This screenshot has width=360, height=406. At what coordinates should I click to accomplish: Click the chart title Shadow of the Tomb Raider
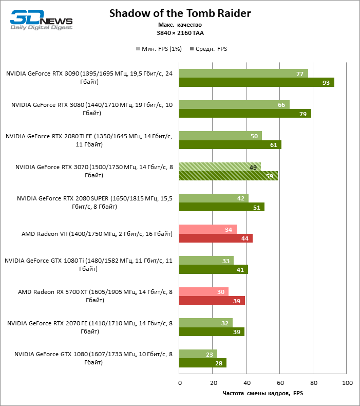(180, 13)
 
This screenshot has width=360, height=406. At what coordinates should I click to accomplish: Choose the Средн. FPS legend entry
(209, 49)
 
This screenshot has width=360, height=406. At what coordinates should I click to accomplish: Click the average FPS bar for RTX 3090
(257, 82)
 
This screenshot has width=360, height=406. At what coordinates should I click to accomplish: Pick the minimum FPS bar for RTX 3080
(234, 105)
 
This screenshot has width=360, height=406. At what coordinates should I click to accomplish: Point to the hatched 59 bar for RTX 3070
(229, 176)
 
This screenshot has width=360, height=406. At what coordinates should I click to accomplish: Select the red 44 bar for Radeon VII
(216, 238)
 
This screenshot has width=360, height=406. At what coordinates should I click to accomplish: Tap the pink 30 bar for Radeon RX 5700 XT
(204, 292)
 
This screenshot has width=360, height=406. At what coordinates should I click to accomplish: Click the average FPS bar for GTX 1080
(203, 363)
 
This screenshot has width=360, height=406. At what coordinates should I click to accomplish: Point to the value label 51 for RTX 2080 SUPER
(256, 208)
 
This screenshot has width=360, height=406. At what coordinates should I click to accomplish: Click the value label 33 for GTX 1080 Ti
(226, 261)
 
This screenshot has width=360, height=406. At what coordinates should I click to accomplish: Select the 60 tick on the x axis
(280, 383)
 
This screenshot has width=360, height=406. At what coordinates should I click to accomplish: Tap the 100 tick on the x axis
(347, 383)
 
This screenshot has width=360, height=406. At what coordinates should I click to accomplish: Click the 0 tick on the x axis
(179, 383)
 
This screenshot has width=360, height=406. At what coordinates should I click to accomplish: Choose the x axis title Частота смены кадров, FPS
(263, 394)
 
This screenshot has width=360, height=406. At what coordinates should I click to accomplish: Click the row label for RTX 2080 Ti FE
(88, 140)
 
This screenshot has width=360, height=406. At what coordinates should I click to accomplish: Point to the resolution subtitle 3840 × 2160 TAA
(180, 32)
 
